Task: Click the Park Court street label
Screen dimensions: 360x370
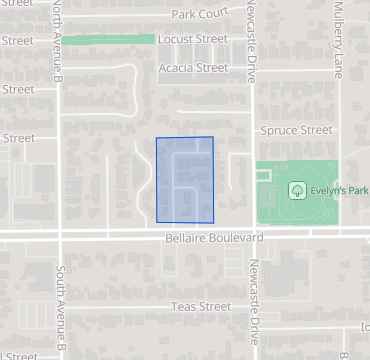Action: pos(200,14)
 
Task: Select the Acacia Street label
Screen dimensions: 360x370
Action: pos(194,68)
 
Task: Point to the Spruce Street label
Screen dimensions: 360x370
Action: pos(295,130)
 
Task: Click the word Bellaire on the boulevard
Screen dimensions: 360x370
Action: pos(186,239)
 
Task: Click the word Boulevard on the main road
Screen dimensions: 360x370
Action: pos(237,239)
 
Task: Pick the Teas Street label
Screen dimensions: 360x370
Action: pos(201,306)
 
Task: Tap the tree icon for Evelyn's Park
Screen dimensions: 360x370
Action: pos(296,189)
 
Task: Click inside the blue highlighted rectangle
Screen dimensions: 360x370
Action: pos(185,179)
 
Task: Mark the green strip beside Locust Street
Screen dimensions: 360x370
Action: pos(110,39)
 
